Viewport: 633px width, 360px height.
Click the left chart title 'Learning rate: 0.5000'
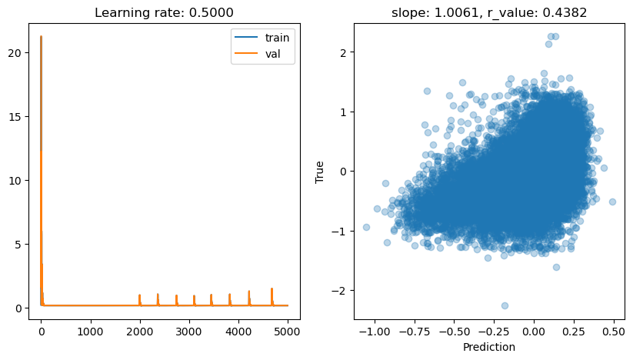coord(165,12)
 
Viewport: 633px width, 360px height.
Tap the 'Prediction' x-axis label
coord(488,348)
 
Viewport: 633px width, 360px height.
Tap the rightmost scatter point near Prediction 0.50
coord(612,202)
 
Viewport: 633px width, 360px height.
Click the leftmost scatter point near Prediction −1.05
coord(366,227)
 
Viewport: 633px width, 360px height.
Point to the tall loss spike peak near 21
coord(41,37)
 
